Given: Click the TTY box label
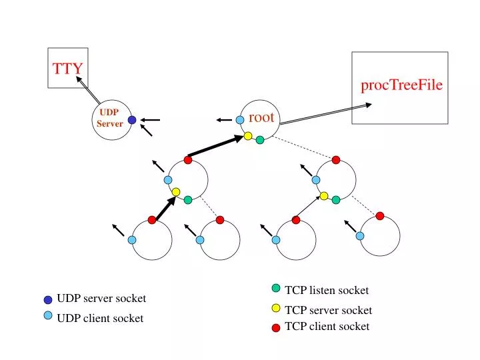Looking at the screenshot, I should coord(67,67).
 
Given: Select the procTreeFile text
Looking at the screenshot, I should coord(401,85).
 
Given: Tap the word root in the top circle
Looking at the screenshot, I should coord(261,117).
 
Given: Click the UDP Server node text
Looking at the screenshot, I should coord(109,118).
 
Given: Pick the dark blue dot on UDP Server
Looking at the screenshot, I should coord(132,120).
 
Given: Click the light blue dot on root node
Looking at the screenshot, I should coord(240,120).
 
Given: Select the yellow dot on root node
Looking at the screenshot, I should coord(248,136).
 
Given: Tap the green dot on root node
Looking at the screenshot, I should coord(260,140).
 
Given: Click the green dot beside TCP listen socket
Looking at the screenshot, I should coord(276,288).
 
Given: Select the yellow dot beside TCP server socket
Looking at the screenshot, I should coord(276,308).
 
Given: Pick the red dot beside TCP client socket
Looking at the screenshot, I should coord(276,327).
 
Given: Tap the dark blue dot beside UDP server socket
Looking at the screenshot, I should coord(48,300).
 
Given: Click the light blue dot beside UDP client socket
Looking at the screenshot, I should coord(48,315).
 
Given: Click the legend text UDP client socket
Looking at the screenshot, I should coord(100,318).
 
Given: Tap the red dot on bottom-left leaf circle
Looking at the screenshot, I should coord(152,219).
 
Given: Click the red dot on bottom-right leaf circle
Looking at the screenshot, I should coord(380,215).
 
